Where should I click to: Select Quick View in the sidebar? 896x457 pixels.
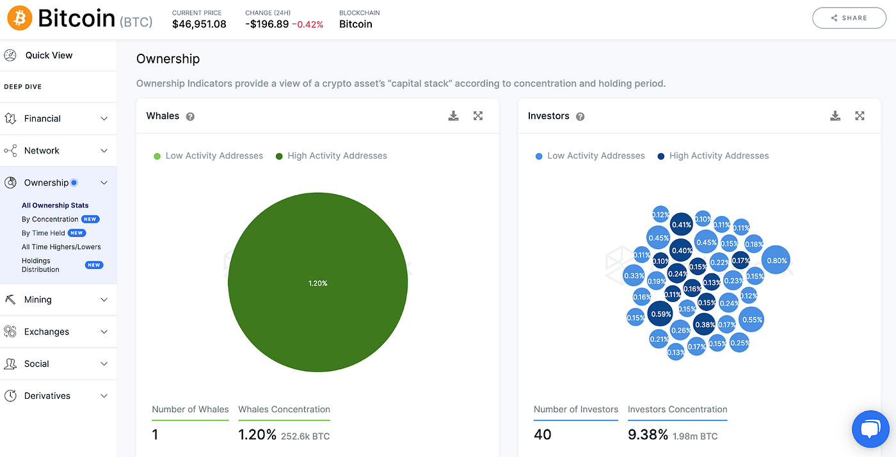click(x=49, y=55)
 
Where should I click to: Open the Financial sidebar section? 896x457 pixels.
click(x=42, y=118)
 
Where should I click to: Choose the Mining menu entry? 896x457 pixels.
click(x=38, y=300)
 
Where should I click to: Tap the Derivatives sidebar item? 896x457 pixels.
click(x=47, y=396)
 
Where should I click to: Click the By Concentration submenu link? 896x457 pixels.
click(x=50, y=219)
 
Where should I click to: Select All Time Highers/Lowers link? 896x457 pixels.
click(x=61, y=246)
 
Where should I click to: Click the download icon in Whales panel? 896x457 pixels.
click(x=454, y=116)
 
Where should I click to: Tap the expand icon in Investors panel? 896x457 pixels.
click(x=860, y=116)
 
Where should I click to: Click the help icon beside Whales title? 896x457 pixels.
click(x=190, y=116)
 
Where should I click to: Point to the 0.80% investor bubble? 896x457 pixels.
click(x=776, y=261)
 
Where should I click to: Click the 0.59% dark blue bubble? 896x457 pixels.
click(x=660, y=314)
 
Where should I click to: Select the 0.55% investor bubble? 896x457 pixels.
click(x=751, y=319)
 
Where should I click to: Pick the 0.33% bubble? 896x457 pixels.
click(x=634, y=276)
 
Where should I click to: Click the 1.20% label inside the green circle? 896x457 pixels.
click(x=317, y=283)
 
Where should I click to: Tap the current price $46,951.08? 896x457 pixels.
click(x=199, y=24)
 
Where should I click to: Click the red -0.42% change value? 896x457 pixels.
click(x=307, y=24)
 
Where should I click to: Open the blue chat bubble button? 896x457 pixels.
click(x=870, y=429)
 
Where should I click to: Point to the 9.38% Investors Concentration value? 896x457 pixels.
click(x=648, y=435)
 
